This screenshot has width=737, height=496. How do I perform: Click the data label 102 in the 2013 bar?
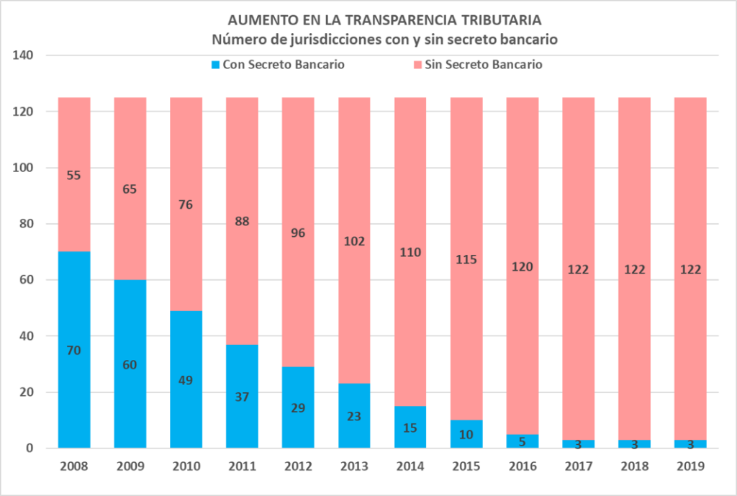pyautogui.click(x=354, y=241)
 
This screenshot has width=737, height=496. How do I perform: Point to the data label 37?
pyautogui.click(x=242, y=396)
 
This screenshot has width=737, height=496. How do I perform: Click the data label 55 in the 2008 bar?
pyautogui.click(x=74, y=174)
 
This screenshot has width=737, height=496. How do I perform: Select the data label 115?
pyautogui.click(x=466, y=259)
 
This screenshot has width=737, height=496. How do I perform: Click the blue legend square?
pyautogui.click(x=215, y=65)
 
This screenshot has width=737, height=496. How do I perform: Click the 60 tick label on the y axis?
pyautogui.click(x=32, y=280)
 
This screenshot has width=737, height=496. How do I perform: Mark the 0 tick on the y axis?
pyautogui.click(x=36, y=448)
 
